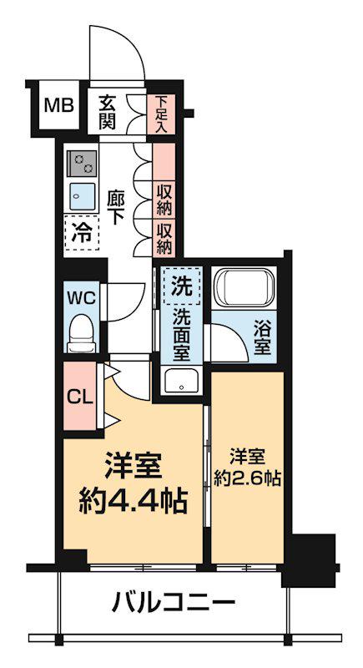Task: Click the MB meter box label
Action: point(59,106)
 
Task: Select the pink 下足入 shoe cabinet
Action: point(162,114)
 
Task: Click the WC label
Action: point(83,296)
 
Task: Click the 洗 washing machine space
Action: point(181,286)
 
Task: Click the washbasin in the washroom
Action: point(180,381)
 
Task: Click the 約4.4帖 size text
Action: point(133,502)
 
